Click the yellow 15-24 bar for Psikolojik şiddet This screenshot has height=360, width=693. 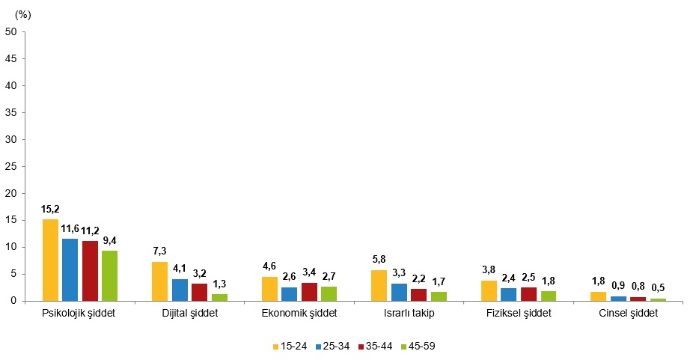[50, 260]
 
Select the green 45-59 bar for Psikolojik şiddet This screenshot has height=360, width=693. [109, 276]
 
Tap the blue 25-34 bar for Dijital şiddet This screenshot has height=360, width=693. [180, 290]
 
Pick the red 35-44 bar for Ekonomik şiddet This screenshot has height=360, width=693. [309, 292]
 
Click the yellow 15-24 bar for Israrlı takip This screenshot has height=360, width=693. [379, 286]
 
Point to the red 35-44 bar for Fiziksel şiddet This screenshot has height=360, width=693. [528, 295]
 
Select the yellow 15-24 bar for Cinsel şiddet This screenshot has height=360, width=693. [599, 296]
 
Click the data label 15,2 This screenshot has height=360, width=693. [50, 210]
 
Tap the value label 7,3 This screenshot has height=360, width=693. [159, 251]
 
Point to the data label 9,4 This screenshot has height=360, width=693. [109, 240]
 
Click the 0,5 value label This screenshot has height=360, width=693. [658, 288]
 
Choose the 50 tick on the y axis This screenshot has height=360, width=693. [11, 32]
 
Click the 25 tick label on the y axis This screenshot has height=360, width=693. [11, 166]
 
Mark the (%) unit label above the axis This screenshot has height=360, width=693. [23, 15]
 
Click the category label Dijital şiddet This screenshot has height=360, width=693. [190, 313]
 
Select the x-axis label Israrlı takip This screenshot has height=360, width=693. [409, 313]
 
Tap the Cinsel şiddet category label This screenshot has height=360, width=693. [629, 313]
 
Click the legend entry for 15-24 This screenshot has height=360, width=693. [290, 347]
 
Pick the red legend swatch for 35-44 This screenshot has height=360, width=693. [361, 347]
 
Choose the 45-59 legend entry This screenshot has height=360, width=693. [418, 347]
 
